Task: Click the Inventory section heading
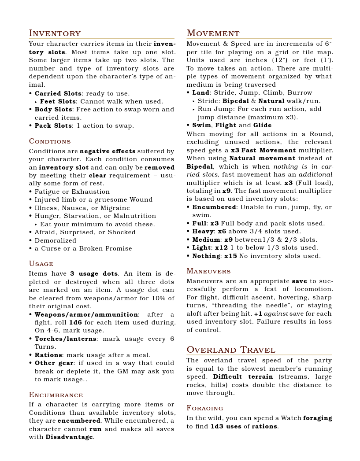tap(55, 33)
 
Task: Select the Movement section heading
tap(213, 33)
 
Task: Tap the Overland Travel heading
tap(231, 350)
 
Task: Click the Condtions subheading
tap(50, 141)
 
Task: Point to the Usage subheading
tap(41, 264)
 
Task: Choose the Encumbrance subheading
tap(56, 395)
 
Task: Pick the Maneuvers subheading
tap(208, 271)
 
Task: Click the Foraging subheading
tap(205, 408)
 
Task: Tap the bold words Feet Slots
tap(58, 102)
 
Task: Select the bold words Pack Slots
tap(53, 126)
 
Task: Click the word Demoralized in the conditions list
tap(55, 240)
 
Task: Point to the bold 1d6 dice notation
tap(76, 322)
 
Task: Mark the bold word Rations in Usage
tap(48, 355)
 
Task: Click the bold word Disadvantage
tap(69, 437)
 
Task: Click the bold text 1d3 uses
tap(226, 426)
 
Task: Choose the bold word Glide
tap(262, 125)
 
